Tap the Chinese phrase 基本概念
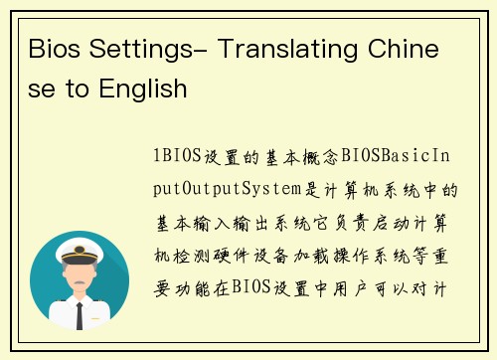307,158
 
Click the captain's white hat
80,245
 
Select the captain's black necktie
80,312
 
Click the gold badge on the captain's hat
80,242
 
